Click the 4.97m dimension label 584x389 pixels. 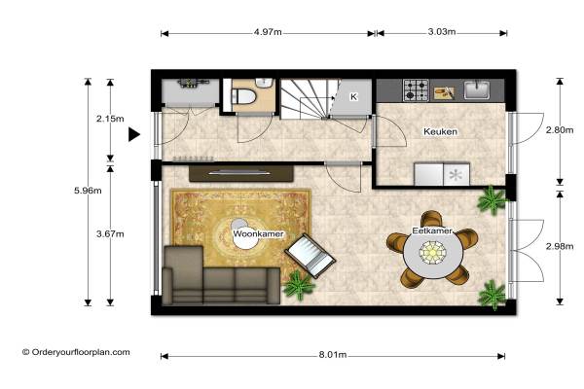click(268, 32)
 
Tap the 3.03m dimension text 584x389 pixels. click(442, 32)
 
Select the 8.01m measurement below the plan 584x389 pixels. click(333, 355)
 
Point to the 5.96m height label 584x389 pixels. click(88, 191)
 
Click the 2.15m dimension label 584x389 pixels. click(110, 119)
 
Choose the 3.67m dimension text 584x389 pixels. click(110, 234)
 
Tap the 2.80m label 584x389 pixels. click(560, 130)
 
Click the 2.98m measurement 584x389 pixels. click(560, 246)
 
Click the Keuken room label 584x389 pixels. click(441, 132)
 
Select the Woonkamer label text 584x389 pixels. click(259, 234)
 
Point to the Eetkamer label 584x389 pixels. click(432, 231)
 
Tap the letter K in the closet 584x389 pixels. click(353, 97)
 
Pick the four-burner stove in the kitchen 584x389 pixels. click(416, 90)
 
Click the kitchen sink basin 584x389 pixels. click(477, 89)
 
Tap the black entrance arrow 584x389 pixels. click(134, 134)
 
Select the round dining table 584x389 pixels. click(433, 252)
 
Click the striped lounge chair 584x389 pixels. click(310, 256)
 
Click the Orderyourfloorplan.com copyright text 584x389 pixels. click(76, 352)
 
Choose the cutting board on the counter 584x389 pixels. click(445, 92)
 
